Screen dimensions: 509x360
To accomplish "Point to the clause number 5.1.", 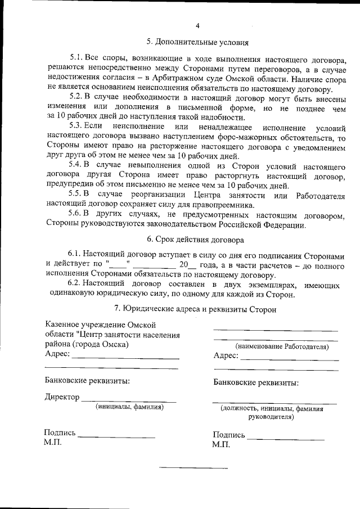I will tap(76, 57).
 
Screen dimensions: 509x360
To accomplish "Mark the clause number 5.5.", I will tap(76, 195).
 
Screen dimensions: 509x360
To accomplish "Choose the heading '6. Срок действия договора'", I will tap(195, 240).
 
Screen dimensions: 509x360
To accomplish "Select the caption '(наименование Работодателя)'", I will tap(282, 347).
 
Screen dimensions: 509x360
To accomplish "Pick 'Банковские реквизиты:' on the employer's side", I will tap(256, 383).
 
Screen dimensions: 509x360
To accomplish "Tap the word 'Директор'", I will tap(61, 398).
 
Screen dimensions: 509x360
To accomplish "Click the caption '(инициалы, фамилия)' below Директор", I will tap(129, 406).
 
